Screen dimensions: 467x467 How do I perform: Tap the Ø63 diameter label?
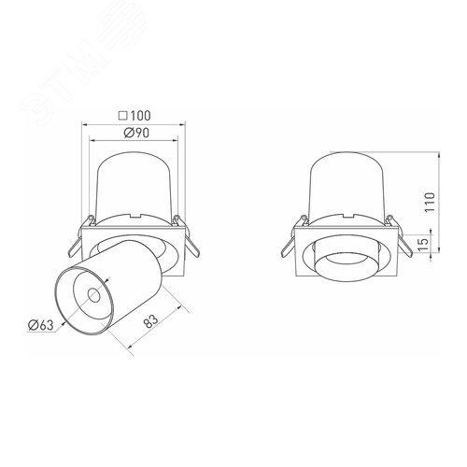point(40,324)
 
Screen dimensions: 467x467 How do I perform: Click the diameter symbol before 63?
point(33,324)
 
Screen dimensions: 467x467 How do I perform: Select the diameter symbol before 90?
point(126,133)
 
